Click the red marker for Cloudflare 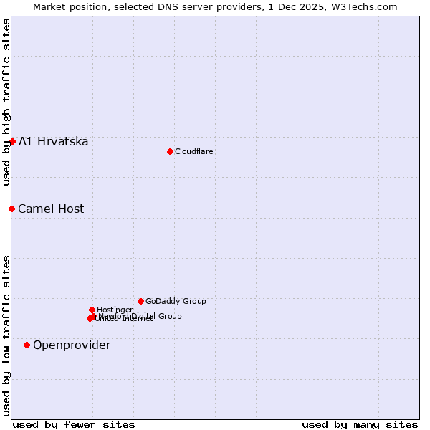[170, 151]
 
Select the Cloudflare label [194, 151]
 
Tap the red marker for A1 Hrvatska [12, 141]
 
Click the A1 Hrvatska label [54, 141]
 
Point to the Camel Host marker [11, 209]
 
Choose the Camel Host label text [51, 209]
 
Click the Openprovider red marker [27, 345]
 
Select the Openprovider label [72, 345]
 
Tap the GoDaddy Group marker [140, 301]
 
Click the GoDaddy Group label [176, 301]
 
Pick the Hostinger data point [92, 310]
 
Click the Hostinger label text [115, 310]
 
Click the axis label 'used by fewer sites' [74, 424]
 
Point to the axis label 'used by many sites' [360, 424]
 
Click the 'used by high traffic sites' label [6, 102]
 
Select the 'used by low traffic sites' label [6, 335]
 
